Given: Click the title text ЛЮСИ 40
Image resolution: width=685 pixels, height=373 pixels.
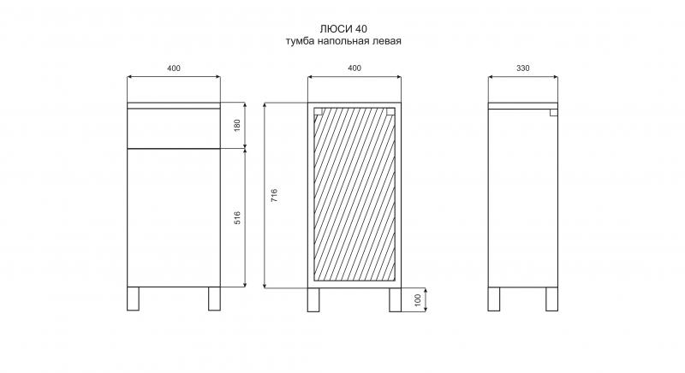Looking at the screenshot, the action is [x=343, y=29].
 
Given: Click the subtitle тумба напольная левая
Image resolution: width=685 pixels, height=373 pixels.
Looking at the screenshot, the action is [x=343, y=41].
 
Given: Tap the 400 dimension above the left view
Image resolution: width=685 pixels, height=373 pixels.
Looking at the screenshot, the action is [x=174, y=68].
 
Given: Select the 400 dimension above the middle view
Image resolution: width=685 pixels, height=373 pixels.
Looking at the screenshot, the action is [x=354, y=68].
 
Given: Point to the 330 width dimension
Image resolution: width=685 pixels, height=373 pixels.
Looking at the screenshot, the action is [x=523, y=68].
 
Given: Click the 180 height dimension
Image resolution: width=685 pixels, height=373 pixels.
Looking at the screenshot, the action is [x=237, y=125].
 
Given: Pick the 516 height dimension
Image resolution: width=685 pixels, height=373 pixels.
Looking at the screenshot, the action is [x=237, y=217].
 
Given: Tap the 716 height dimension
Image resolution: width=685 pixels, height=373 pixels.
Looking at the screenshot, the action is [x=274, y=195].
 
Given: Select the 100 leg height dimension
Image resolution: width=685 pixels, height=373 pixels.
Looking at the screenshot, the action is [x=418, y=299].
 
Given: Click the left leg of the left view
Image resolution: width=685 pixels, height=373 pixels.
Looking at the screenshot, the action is [x=133, y=299].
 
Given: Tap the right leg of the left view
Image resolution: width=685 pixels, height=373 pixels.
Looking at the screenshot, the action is [x=215, y=299].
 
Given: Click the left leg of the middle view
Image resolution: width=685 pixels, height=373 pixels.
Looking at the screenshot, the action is [x=313, y=299].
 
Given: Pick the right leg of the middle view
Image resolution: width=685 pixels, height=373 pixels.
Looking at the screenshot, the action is [x=396, y=299].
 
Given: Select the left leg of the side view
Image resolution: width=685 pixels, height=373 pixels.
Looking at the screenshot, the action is [x=494, y=299].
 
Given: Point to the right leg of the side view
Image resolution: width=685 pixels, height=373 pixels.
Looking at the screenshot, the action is [x=551, y=299].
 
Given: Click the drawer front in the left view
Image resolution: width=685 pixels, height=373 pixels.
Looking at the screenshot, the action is [x=174, y=128].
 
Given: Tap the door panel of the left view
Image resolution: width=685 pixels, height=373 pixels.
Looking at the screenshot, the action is [x=174, y=217].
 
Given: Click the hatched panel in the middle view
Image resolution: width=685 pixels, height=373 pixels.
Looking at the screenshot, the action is [x=354, y=194].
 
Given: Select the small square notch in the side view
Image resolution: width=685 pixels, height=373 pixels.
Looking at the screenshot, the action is [x=553, y=113].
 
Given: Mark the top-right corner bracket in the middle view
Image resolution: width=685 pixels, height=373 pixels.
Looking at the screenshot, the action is [x=390, y=111].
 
